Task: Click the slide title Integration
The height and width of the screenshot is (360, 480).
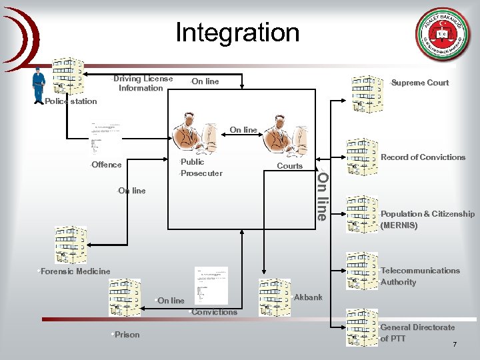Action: tap(237, 32)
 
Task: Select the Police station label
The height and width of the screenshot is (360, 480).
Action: tap(70, 101)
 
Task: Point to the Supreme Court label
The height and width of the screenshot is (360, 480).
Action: tap(419, 83)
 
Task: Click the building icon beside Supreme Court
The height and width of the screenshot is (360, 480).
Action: tap(368, 92)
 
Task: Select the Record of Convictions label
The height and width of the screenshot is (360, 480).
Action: tap(423, 157)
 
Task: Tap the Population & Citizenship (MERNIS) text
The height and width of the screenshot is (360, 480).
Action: tap(427, 219)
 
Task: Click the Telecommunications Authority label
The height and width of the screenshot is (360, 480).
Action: tap(420, 276)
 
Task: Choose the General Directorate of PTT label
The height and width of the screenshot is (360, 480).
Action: tap(417, 333)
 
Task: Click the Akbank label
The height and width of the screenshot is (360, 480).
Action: tap(308, 297)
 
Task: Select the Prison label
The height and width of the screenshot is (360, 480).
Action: tap(127, 335)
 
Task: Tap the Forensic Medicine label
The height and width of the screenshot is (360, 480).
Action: tap(75, 271)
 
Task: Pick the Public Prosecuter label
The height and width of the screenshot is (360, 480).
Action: tap(201, 167)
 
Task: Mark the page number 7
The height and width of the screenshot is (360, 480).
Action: tap(455, 345)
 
